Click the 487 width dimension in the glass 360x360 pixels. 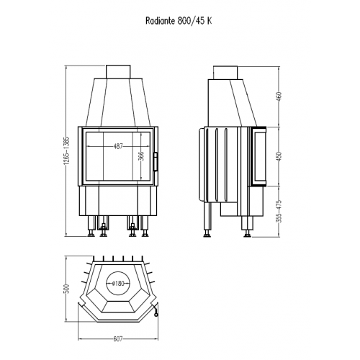click(x=118, y=145)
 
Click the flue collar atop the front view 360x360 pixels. click(x=117, y=71)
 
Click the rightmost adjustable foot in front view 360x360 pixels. click(x=145, y=230)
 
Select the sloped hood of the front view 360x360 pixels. click(x=117, y=101)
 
